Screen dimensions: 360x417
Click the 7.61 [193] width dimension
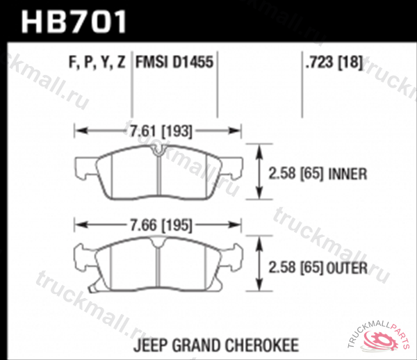159,130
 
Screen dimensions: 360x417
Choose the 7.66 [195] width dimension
159,225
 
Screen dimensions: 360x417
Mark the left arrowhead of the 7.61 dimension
79,130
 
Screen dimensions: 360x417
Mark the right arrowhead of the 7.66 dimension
238,225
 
